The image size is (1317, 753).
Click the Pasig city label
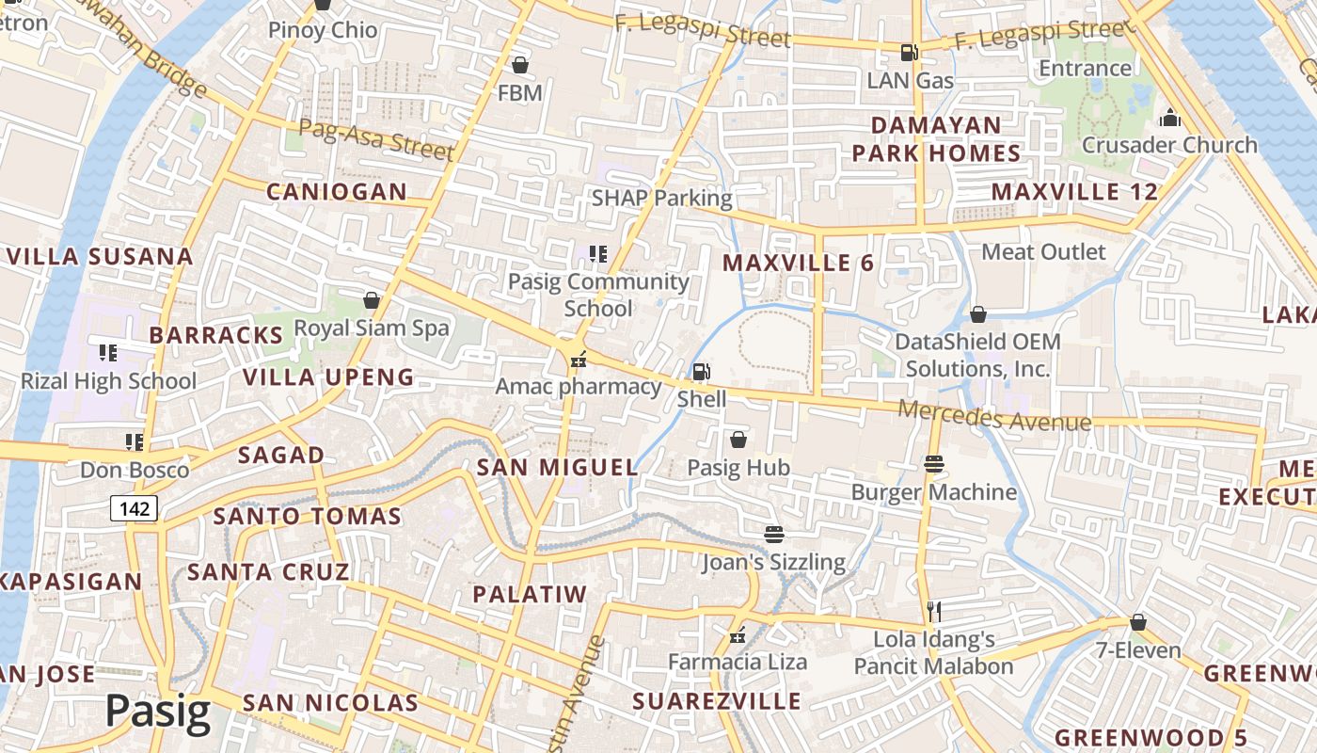click(157, 712)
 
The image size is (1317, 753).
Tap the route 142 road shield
click(134, 509)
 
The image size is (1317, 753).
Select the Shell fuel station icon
click(701, 372)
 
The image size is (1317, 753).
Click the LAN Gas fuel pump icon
click(909, 53)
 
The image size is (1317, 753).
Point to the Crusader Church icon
click(1169, 118)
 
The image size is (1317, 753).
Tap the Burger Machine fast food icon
click(934, 463)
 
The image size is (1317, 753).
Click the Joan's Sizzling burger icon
click(774, 534)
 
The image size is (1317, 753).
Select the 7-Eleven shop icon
click(1138, 622)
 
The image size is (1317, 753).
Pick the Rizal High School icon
click(108, 353)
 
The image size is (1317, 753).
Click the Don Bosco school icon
click(135, 441)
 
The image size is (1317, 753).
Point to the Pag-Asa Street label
click(376, 139)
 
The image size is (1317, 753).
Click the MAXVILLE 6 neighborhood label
click(799, 264)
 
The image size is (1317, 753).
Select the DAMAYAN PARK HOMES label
click(936, 139)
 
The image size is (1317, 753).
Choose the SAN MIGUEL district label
click(557, 467)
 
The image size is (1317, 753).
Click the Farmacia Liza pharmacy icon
click(738, 635)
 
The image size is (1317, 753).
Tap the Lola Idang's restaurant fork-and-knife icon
click(933, 611)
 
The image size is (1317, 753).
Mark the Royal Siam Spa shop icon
click(372, 300)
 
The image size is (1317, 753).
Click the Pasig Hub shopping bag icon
click(738, 440)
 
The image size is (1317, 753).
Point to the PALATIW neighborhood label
click(530, 594)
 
